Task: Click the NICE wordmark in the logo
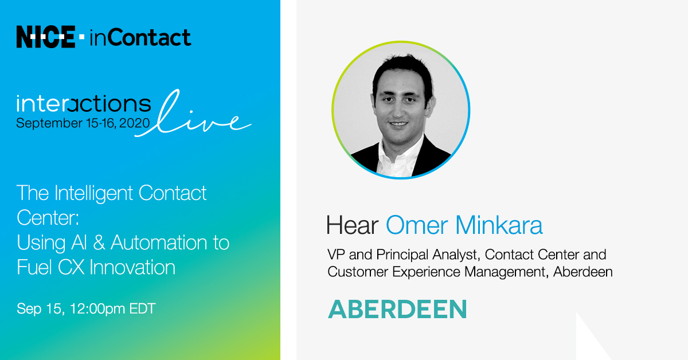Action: pos(46,38)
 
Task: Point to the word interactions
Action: pos(84,104)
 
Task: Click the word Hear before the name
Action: pos(352,225)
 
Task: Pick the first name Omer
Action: pos(412,225)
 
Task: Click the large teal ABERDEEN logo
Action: pos(397,310)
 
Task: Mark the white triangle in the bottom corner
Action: pos(588,344)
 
